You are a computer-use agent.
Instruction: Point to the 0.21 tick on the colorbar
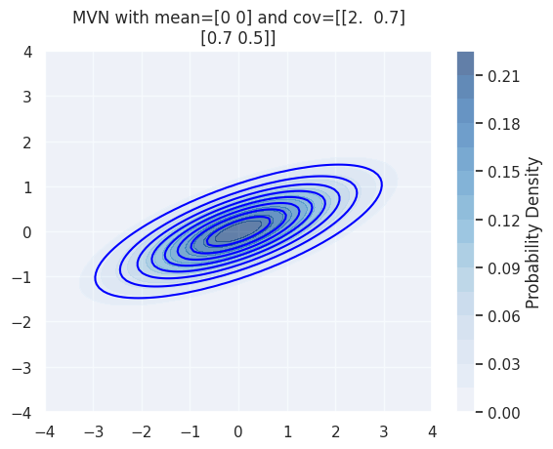pos(504,76)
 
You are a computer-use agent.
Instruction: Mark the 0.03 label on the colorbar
pos(504,365)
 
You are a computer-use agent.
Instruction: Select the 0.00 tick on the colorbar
pos(504,413)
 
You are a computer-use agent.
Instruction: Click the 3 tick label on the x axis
pos(383,431)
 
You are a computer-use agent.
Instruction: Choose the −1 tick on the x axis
pos(190,431)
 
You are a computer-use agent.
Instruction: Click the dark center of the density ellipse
pos(238,231)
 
